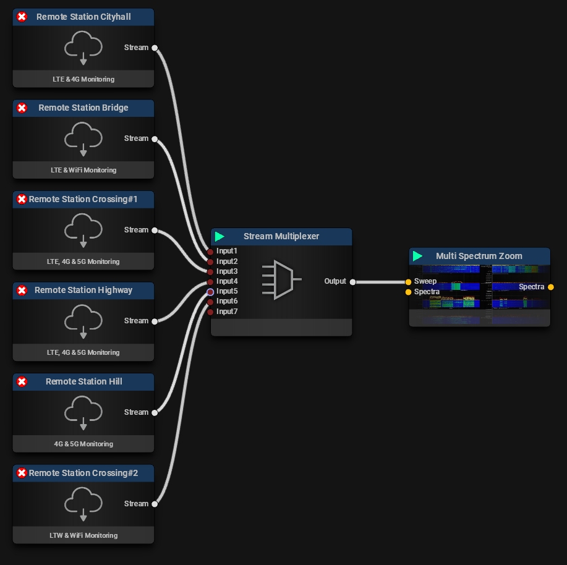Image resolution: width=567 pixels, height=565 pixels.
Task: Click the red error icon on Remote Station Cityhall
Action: [22, 17]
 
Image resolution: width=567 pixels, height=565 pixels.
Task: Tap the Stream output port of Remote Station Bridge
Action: [155, 139]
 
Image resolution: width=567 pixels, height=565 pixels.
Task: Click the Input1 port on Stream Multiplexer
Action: [211, 252]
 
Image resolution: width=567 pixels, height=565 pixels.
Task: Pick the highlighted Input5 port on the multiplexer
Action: [211, 292]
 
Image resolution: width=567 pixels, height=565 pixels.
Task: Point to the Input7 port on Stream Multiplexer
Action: [211, 312]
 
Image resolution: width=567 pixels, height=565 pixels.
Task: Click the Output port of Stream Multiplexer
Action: [352, 282]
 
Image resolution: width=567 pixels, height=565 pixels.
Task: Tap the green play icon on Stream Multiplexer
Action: [220, 237]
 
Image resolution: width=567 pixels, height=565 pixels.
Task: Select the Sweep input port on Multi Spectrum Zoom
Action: [408, 282]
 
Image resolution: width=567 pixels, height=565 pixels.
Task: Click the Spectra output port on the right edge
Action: [551, 287]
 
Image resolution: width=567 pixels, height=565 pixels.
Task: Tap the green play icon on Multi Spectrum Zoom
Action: [418, 256]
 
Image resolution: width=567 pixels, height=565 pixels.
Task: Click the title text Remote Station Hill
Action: [84, 381]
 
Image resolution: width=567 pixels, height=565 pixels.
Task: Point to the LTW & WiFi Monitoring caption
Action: [83, 535]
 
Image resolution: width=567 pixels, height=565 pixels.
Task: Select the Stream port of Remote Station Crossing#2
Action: [155, 504]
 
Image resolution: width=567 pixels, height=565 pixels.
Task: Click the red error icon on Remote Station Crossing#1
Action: [22, 199]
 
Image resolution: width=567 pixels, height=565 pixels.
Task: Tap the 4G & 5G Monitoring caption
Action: [83, 444]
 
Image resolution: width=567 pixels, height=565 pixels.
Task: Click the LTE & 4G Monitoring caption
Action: [83, 79]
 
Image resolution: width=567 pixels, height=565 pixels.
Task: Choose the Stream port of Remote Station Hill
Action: [155, 412]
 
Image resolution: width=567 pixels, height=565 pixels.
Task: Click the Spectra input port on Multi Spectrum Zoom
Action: [408, 292]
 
